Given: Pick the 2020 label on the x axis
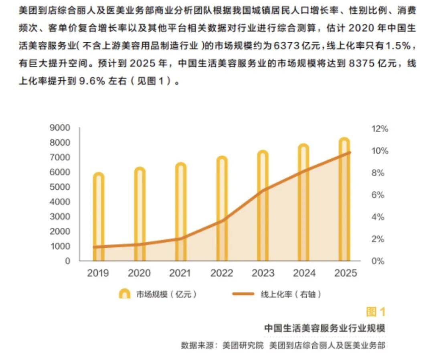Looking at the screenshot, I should [139, 273].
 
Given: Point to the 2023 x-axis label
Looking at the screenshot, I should [263, 273].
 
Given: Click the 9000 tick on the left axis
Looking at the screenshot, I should [60, 128].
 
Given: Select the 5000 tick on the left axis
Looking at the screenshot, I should [60, 187].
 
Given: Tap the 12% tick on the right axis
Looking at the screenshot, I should [379, 129].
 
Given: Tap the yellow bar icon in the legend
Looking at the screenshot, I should [125, 294].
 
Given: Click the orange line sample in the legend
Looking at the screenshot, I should [243, 294].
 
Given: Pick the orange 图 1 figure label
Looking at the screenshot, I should [376, 312].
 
